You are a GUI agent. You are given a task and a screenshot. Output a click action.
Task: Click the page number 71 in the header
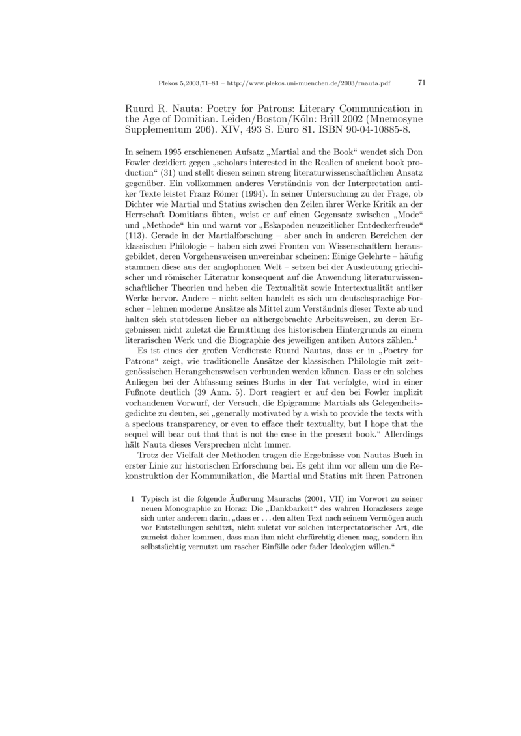pyautogui.click(x=421, y=83)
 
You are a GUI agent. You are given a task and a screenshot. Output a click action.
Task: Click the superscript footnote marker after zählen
pyautogui.click(x=415, y=338)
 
